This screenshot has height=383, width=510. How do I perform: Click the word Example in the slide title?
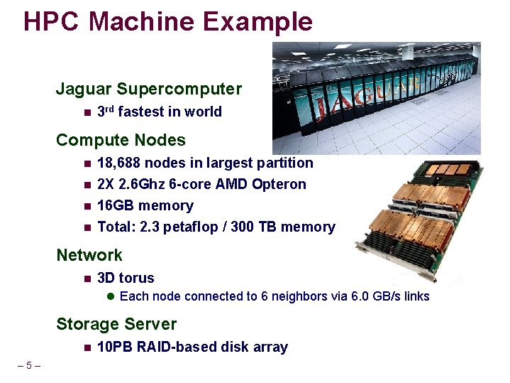pos(257,21)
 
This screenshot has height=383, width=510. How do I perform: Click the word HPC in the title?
pos(52,21)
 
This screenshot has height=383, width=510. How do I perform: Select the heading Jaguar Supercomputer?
pos(149,90)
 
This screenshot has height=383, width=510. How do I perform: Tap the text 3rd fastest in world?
pos(159,112)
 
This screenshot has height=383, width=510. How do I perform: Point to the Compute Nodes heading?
pos(121,140)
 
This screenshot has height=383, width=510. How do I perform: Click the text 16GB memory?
pos(145,205)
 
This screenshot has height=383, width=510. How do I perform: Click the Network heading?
pos(89,255)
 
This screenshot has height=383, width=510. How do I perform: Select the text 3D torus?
pos(126,278)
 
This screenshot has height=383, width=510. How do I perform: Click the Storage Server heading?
pos(116,324)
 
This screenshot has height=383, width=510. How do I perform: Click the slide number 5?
pos(28,366)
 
